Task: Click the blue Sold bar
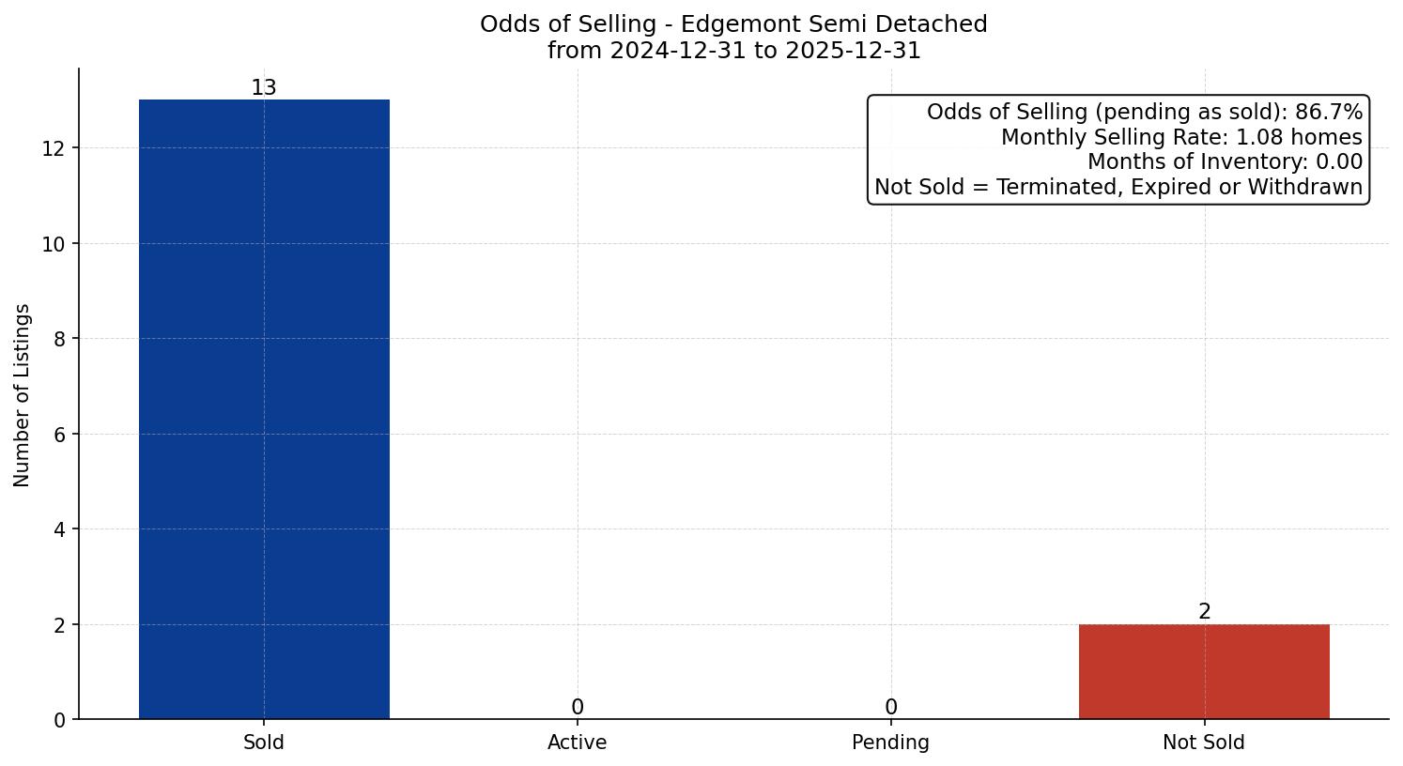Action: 264,409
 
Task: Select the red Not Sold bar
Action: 1204,672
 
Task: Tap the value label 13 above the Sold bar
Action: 264,88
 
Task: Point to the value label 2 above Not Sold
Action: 1205,612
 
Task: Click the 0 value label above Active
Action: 578,708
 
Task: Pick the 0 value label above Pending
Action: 891,708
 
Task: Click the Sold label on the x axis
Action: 264,743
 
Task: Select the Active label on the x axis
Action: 578,743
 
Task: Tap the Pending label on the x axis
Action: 891,743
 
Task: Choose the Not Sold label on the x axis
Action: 1204,743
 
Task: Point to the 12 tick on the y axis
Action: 54,148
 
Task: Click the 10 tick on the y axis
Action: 54,244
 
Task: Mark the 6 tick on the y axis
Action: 60,435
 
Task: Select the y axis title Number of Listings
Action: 23,394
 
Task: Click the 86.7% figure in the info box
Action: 1328,113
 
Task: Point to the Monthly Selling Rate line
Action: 1180,137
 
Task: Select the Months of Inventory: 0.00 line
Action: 1224,162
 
